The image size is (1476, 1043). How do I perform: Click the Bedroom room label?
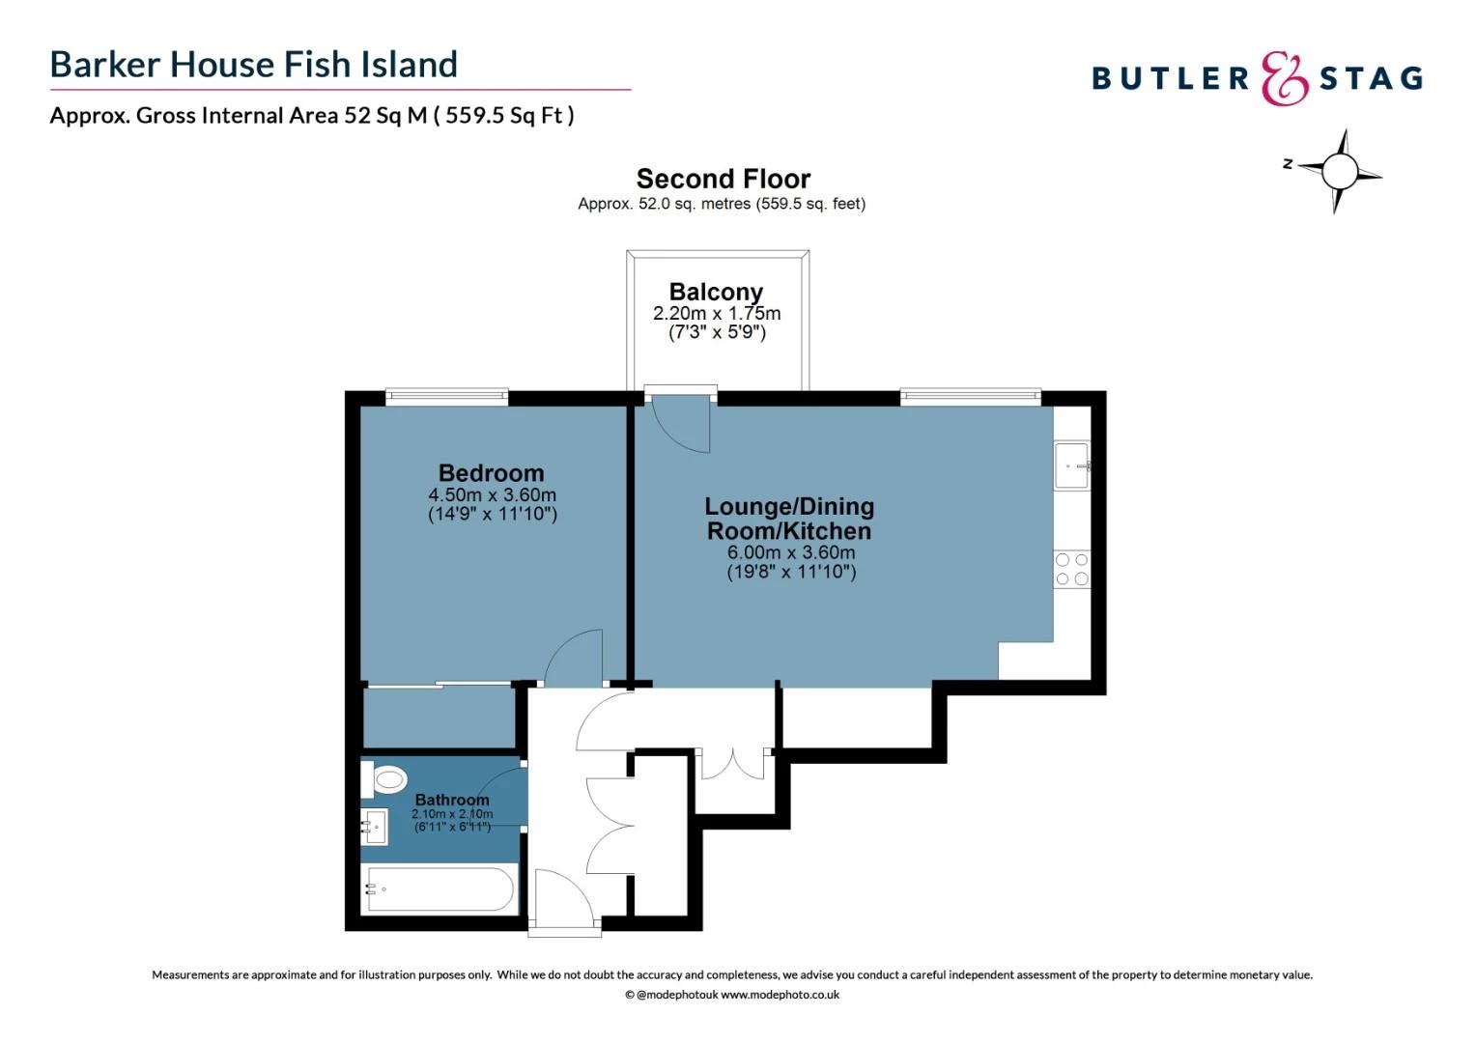click(x=491, y=473)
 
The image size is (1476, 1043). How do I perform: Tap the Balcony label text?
click(x=716, y=292)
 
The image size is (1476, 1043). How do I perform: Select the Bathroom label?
click(x=452, y=800)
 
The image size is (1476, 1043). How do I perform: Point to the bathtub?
click(x=440, y=889)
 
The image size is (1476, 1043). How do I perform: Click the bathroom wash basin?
click(x=375, y=827)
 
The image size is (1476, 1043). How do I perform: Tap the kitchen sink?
click(x=1071, y=466)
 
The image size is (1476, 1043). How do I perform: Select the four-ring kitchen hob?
click(x=1071, y=570)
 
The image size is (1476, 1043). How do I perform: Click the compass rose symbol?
click(x=1339, y=172)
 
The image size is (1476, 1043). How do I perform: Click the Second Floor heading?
click(x=723, y=180)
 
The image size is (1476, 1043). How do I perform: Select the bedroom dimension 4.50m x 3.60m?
click(x=492, y=495)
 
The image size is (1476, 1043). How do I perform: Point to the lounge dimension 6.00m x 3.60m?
click(x=790, y=553)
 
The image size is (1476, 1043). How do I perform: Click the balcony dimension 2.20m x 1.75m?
click(x=717, y=314)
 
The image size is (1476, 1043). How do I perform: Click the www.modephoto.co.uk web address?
click(x=780, y=995)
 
